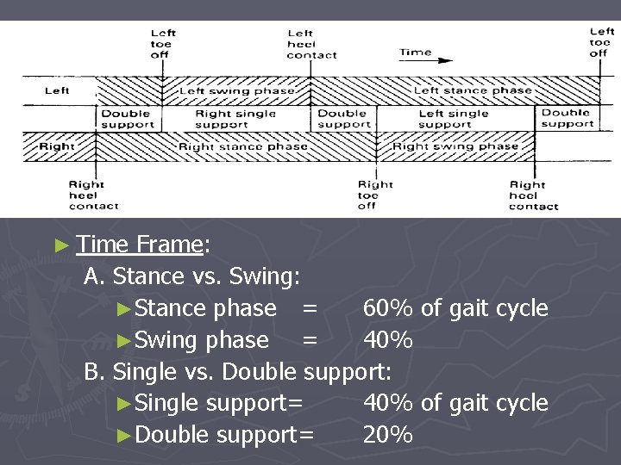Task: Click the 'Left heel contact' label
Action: pos(311,44)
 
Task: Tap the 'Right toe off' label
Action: pos(375,195)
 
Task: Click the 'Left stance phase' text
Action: pos(473,90)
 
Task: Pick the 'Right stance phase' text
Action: pos(242,146)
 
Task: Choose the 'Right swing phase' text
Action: pos(455,146)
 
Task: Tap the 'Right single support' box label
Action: pos(235,119)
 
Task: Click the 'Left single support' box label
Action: pos(453,119)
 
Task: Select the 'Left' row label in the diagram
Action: pos(57,90)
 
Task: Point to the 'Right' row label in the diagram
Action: pos(57,146)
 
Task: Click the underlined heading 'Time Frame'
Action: pos(139,245)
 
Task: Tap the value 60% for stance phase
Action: pos(387,308)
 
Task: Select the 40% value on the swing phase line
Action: pos(387,340)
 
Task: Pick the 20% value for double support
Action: pos(387,435)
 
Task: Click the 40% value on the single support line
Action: pos(387,403)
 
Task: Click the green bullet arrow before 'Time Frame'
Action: pos(60,245)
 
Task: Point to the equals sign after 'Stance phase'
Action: pos(310,308)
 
